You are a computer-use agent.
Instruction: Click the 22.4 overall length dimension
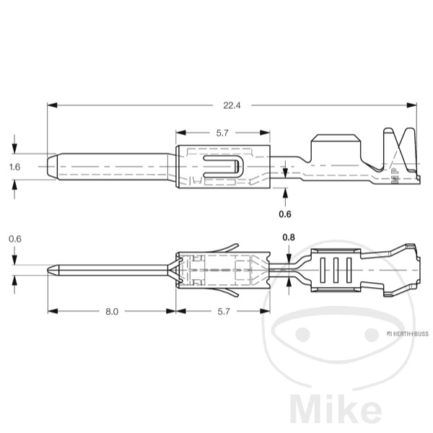pos(231,105)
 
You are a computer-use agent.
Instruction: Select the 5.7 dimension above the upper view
pos(222,133)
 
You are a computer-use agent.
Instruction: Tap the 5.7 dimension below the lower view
pos(222,312)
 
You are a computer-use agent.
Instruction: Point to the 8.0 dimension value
pos(111,312)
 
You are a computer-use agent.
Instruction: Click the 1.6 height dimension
pos(14,167)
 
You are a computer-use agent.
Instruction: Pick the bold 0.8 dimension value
pos(289,237)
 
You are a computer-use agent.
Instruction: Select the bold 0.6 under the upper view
pos(285,214)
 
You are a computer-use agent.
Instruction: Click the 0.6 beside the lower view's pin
pos(14,239)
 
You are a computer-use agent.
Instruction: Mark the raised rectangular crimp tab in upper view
pos(336,148)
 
